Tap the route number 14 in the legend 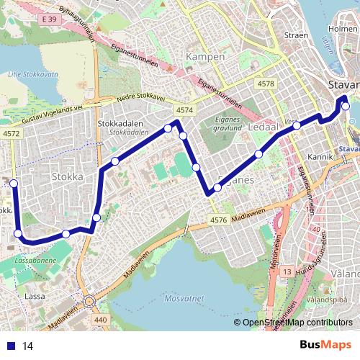pos(28,346)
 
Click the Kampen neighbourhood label pos(205,56)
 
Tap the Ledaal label pos(263,127)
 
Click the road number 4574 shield pos(184,109)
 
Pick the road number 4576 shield pos(219,220)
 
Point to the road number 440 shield pos(100,319)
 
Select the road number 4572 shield pos(12,134)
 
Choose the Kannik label pos(319,156)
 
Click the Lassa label pos(35,296)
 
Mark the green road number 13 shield pos(287,271)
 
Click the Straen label pos(297,34)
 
